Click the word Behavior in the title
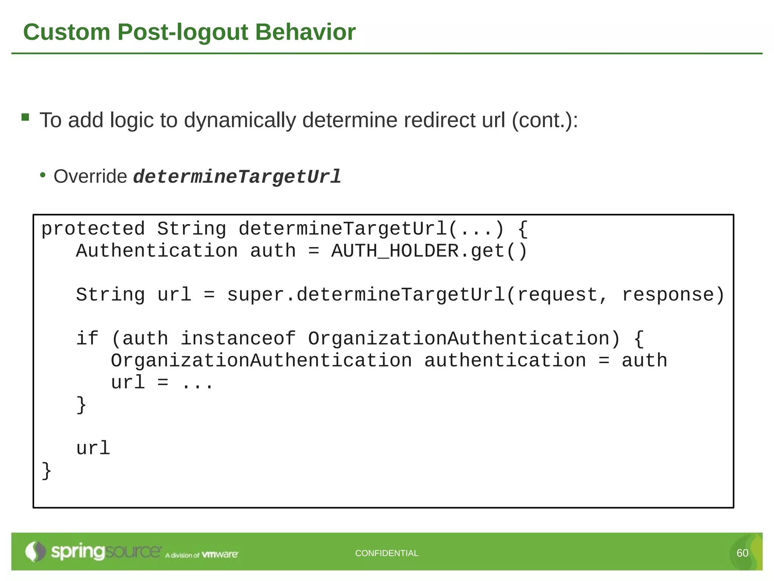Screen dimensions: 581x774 305,32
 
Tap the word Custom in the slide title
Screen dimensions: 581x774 67,32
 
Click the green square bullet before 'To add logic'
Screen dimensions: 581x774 25,117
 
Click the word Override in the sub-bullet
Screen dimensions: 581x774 90,176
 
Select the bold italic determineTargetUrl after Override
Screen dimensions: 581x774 237,177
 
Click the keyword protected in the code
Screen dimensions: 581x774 93,229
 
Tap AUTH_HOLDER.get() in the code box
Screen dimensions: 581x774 429,251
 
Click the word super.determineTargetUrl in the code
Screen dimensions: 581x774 366,295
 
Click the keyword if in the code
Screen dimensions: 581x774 87,339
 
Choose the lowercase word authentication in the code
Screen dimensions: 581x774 505,360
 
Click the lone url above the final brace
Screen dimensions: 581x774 93,448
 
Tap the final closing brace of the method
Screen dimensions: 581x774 46,471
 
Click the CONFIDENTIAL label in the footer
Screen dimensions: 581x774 387,553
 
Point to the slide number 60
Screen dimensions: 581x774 742,553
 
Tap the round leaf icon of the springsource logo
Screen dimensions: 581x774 35,551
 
